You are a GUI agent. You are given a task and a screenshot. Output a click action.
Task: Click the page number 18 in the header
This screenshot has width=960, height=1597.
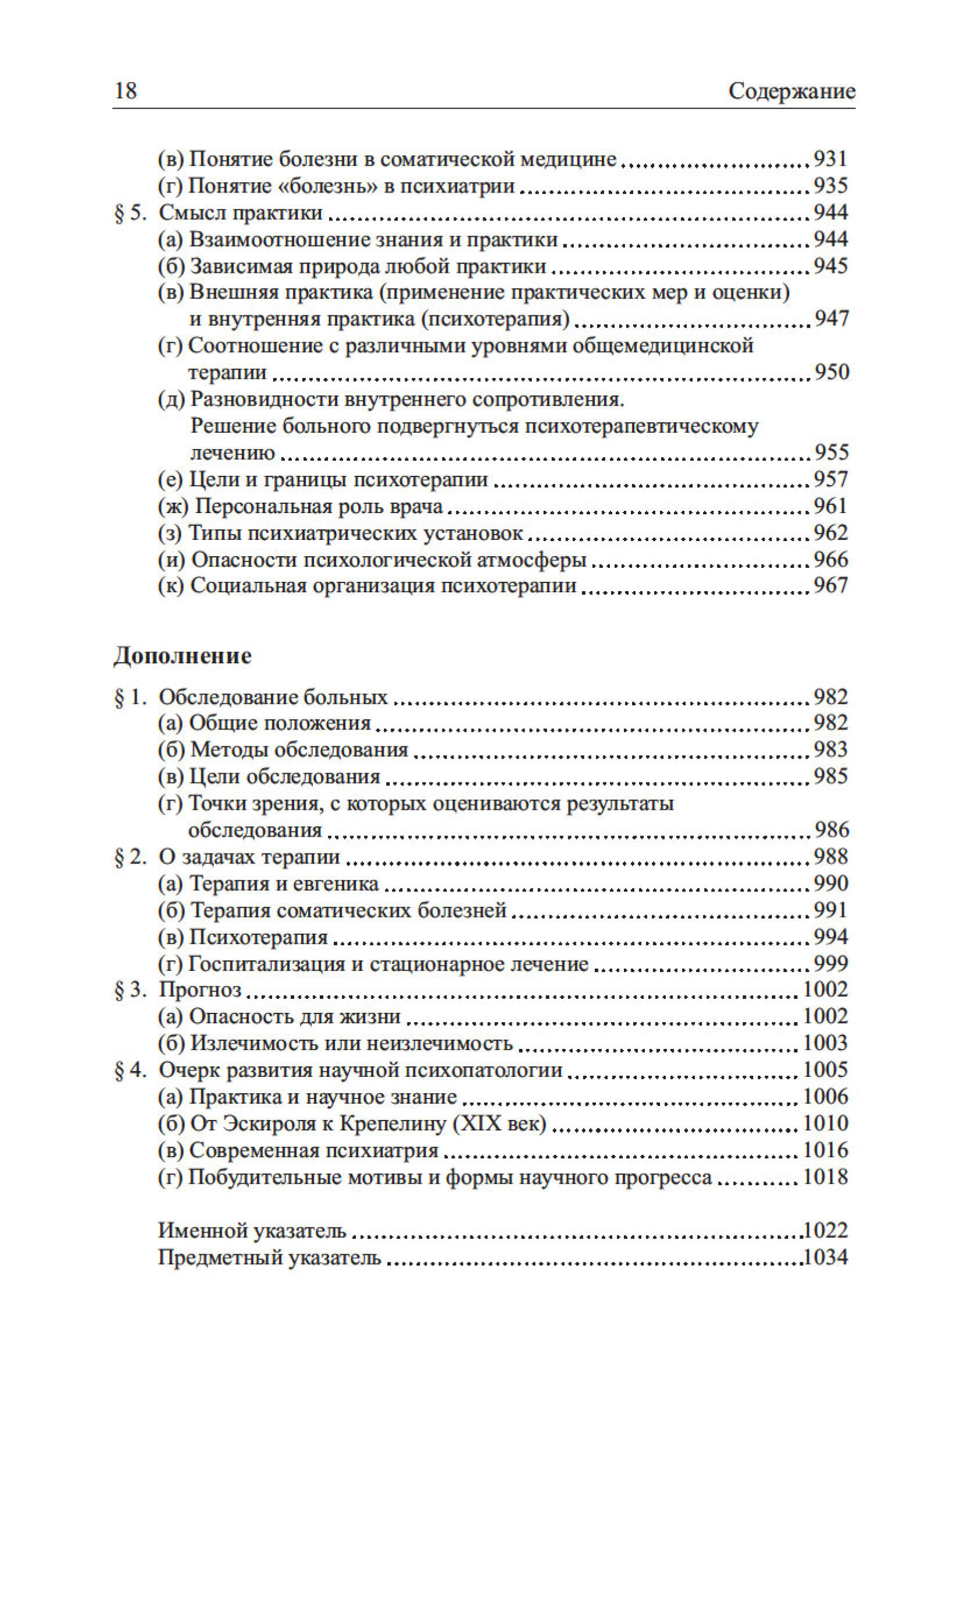click(x=126, y=91)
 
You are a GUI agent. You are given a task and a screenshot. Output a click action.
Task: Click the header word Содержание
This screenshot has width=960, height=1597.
click(x=791, y=91)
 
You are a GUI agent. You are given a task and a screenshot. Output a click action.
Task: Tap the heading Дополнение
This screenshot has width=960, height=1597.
click(x=183, y=656)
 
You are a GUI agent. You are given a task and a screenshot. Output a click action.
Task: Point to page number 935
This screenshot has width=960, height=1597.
click(x=830, y=186)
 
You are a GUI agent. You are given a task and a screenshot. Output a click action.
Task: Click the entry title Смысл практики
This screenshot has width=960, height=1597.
click(x=241, y=213)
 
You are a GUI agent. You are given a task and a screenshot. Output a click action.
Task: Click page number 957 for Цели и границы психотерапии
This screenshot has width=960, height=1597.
click(x=830, y=479)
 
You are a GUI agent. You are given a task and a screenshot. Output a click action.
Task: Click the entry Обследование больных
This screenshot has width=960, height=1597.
click(x=273, y=697)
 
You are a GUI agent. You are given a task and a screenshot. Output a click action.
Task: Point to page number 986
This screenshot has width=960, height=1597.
click(x=830, y=830)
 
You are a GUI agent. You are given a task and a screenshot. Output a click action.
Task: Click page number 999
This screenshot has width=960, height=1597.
click(x=830, y=964)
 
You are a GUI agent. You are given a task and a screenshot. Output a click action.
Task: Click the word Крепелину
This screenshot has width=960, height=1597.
click(x=392, y=1124)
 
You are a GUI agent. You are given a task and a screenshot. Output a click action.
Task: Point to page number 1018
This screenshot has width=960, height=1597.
click(x=825, y=1177)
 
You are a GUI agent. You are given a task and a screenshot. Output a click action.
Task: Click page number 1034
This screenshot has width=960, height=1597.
click(x=825, y=1257)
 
